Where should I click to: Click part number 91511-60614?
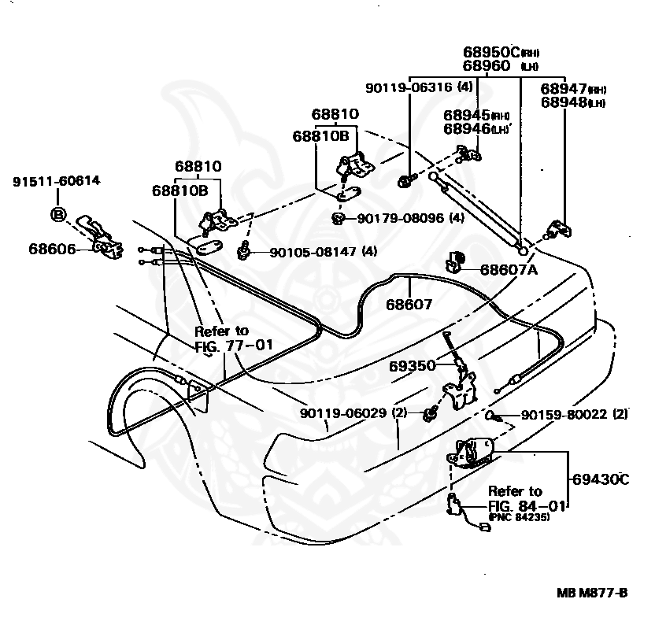tap(57, 181)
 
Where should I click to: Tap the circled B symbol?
tap(58, 215)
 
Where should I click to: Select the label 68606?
tap(52, 249)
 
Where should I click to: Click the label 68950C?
tap(491, 52)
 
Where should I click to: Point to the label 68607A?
tap(509, 270)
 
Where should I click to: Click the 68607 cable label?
tap(409, 305)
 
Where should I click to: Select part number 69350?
tap(413, 366)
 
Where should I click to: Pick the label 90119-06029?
tap(343, 413)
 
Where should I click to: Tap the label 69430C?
tap(600, 479)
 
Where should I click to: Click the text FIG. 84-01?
tap(527, 506)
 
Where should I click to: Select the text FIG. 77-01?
tap(234, 346)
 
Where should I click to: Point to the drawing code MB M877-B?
tap(592, 594)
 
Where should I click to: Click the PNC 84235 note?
tap(519, 517)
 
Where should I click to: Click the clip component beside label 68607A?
tap(455, 261)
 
